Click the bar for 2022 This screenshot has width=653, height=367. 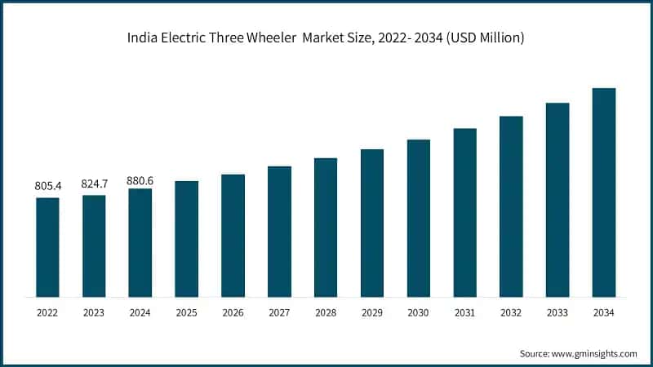point(47,246)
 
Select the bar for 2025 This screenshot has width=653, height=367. point(187,238)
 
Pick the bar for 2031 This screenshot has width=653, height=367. point(465,212)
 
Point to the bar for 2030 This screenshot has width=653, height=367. point(419,218)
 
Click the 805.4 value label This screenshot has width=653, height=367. point(47,187)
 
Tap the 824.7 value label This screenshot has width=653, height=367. point(94,184)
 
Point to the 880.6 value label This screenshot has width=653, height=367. point(140,179)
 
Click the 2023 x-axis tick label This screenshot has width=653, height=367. point(94,312)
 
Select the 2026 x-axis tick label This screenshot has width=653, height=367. point(233,312)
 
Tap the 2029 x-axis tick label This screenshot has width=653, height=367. point(372,312)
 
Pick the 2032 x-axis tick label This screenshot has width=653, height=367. point(511,312)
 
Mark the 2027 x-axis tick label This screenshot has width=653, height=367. point(279,312)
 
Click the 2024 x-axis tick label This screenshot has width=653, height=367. point(140,312)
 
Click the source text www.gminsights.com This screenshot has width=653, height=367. point(595,353)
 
